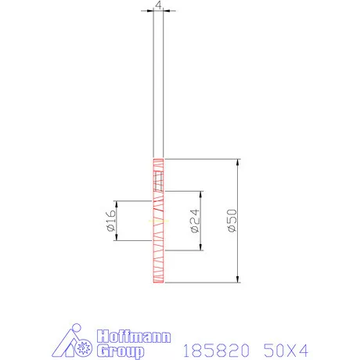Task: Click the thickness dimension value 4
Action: click(x=159, y=5)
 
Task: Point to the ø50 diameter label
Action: click(x=232, y=221)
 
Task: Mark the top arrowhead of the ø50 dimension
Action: click(x=237, y=162)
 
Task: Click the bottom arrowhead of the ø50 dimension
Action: click(x=237, y=280)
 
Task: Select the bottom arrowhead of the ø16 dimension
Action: click(x=116, y=239)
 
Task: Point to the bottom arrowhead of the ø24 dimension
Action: click(x=202, y=248)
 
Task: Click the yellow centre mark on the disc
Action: click(x=159, y=221)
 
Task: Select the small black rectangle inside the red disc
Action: click(x=160, y=184)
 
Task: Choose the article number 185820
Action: click(x=207, y=349)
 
